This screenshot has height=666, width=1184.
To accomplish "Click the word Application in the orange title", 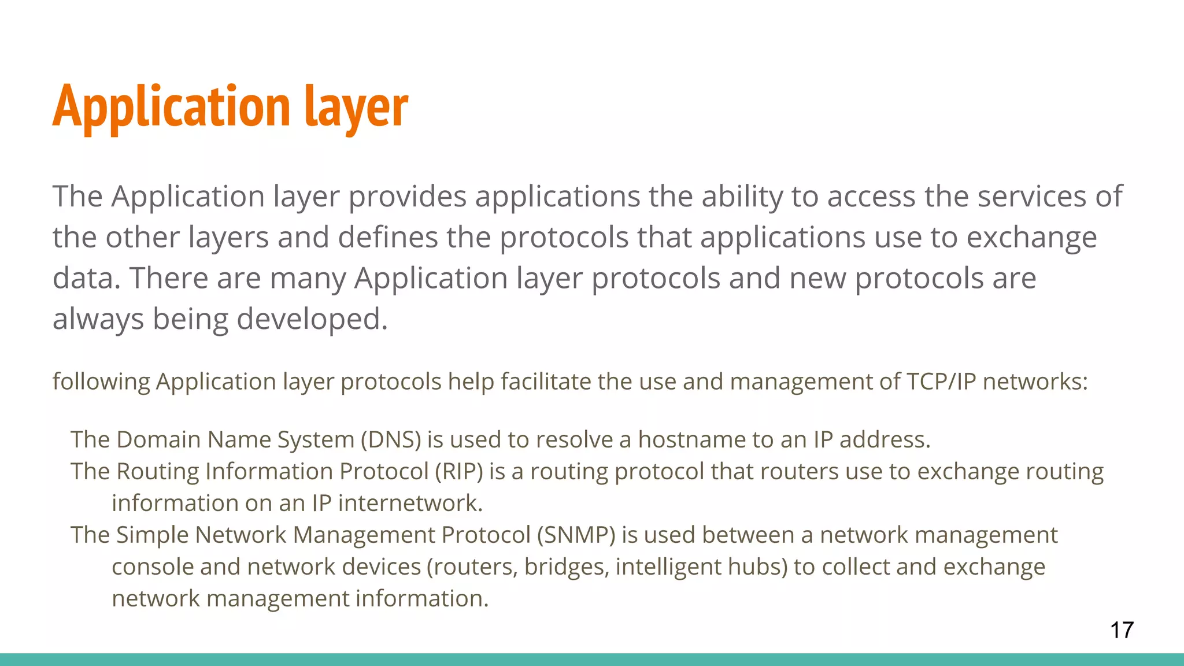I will (x=171, y=107).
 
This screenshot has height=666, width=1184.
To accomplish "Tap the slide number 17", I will (x=1122, y=630).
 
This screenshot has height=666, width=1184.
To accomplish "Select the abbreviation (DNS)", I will (x=391, y=440).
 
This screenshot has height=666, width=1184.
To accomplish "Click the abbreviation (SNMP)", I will (x=576, y=535).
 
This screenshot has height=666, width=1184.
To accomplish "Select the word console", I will (x=152, y=567).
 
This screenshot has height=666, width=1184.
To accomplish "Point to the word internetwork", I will (x=410, y=504).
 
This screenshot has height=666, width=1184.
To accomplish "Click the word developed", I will (x=312, y=319).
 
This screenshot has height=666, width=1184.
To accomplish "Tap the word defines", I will (x=388, y=238).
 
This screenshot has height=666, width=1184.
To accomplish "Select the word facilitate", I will (x=545, y=382).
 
